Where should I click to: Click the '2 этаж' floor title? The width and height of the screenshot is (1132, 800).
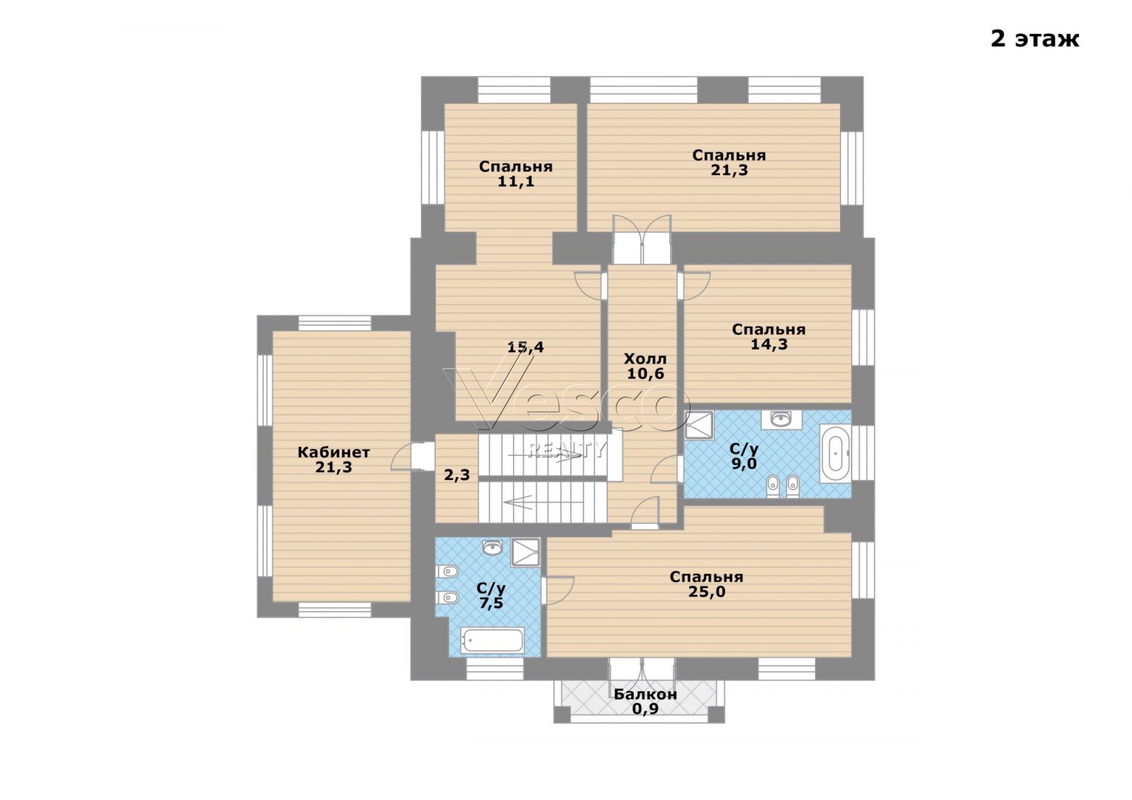pos(1035,39)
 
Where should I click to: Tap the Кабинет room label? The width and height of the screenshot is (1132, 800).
pos(334,452)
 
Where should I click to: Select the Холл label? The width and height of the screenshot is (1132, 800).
pos(645,358)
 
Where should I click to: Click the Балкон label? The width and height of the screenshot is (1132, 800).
pos(645,694)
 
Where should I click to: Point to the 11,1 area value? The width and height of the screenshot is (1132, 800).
pos(515,181)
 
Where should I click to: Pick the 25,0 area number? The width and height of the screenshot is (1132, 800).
pos(706,592)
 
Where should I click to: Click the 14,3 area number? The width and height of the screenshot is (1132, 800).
pos(769,345)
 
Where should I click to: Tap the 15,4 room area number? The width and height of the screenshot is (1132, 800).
pos(525,346)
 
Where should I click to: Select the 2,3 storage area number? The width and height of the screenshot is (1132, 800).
pos(457,475)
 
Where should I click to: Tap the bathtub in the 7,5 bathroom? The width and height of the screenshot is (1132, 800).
pos(492,640)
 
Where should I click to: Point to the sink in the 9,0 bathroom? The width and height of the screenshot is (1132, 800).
pos(781,418)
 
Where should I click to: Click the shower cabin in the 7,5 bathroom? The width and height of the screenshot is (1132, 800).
pos(525,552)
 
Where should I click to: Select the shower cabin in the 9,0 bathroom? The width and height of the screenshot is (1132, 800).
pos(699,425)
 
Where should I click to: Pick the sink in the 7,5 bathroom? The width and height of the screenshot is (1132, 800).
pos(492,547)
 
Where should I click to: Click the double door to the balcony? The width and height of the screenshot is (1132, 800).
pos(641,669)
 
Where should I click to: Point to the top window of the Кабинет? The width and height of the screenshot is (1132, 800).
pos(334,323)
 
